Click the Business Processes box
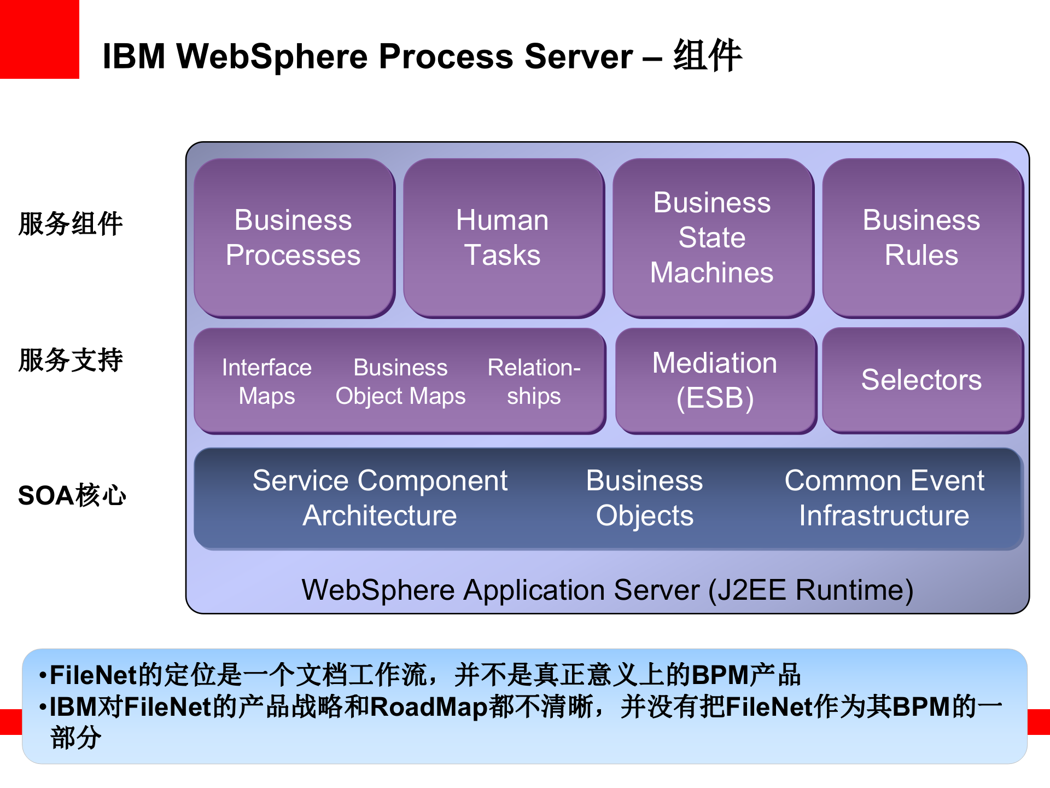coord(294,238)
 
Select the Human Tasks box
coord(503,238)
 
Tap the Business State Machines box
coord(712,238)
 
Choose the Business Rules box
coord(921,238)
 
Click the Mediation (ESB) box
coord(715,380)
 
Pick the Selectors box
coord(921,380)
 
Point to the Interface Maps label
coord(267,381)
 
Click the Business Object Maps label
coord(400,381)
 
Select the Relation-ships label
coord(534,381)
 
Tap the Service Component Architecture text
coord(380,498)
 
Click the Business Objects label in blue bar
coord(644,498)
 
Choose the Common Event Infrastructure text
coord(884,498)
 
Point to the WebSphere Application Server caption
coord(607,590)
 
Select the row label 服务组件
coord(70,224)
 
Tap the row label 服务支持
coord(70,360)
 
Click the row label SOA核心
coord(72,496)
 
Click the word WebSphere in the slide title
coord(272,56)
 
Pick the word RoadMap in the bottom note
coord(429,706)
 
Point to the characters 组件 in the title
coord(708,55)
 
